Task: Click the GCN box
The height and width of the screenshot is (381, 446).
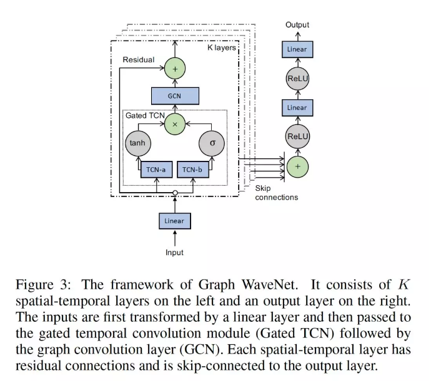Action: click(x=175, y=96)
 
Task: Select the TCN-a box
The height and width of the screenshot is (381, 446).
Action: click(x=156, y=170)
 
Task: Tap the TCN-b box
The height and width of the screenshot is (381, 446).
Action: click(x=193, y=170)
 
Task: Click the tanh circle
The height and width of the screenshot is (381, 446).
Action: click(x=138, y=143)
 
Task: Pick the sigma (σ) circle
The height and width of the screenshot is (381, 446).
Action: click(x=212, y=143)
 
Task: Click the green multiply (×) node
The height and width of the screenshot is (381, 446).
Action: click(x=175, y=124)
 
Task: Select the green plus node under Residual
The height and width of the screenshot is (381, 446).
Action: click(x=175, y=69)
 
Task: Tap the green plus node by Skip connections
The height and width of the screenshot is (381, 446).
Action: click(x=297, y=166)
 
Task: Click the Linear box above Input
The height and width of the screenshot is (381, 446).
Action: click(x=175, y=221)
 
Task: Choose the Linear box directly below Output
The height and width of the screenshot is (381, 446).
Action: click(x=297, y=49)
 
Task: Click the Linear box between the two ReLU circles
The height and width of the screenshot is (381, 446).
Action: click(x=297, y=108)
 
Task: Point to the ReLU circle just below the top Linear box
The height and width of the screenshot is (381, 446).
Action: click(x=297, y=79)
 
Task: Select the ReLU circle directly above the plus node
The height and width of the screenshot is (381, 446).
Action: click(x=297, y=137)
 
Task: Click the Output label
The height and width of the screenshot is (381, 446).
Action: click(x=297, y=25)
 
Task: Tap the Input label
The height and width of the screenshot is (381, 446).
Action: click(x=174, y=253)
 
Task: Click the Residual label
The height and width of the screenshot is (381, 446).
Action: click(x=139, y=60)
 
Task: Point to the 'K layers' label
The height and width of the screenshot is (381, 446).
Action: click(x=222, y=47)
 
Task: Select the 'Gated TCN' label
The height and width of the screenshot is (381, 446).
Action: click(x=145, y=115)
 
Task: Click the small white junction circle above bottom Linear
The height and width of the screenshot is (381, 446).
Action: click(x=175, y=193)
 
